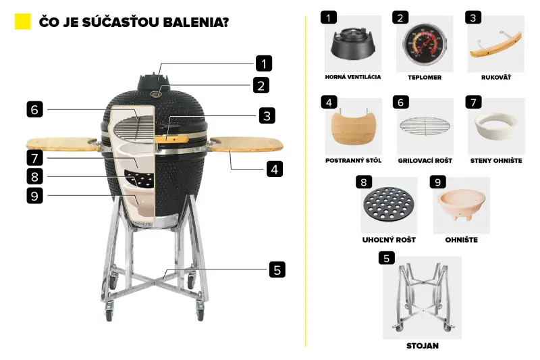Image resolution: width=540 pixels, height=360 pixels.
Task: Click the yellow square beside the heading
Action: (x=23, y=22)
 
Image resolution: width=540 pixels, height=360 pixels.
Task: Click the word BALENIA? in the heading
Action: (x=196, y=22)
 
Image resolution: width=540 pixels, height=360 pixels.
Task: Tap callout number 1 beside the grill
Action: (x=264, y=63)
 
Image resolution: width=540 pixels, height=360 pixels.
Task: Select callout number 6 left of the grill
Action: (x=34, y=109)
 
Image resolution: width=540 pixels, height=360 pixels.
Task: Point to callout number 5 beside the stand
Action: (x=277, y=269)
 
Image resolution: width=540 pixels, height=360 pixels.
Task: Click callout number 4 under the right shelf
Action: (x=275, y=169)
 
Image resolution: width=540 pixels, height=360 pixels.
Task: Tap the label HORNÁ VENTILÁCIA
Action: (x=353, y=77)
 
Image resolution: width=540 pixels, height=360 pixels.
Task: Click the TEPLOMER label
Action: (x=425, y=78)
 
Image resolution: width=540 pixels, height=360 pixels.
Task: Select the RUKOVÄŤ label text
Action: (x=496, y=77)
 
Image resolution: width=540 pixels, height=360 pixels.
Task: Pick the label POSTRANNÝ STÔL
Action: (x=353, y=160)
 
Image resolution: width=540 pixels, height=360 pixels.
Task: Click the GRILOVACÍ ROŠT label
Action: (x=425, y=160)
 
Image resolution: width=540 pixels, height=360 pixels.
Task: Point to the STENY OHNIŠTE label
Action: (x=496, y=161)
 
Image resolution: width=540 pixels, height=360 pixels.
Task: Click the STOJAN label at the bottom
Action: (x=423, y=346)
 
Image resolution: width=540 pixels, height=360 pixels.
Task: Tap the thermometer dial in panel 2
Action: (x=425, y=45)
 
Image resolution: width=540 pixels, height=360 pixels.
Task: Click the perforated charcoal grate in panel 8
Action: (x=389, y=204)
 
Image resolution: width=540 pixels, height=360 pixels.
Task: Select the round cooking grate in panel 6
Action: (x=425, y=126)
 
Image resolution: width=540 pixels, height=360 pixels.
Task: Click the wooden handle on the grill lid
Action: (x=171, y=139)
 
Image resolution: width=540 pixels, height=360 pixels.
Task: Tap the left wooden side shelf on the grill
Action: (x=62, y=144)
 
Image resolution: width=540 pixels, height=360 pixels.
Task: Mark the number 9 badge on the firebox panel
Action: (x=437, y=182)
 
